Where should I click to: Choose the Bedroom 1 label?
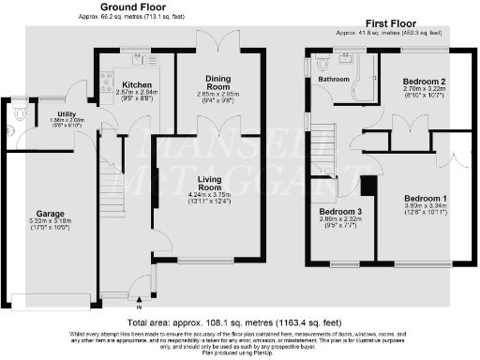424,199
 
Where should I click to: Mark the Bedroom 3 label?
336,211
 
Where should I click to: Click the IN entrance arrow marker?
140,307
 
